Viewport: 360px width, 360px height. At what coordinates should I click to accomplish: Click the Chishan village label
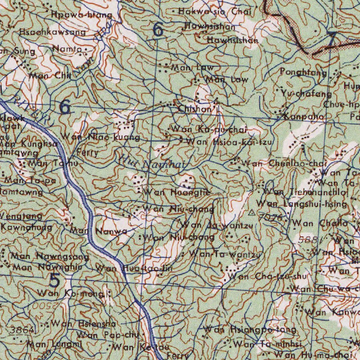coord(195,109)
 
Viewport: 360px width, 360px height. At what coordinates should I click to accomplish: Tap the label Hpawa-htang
coord(82,15)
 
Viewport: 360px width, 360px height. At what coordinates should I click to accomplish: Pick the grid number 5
coord(54,280)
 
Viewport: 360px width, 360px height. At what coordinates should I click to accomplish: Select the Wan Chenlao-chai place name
coord(284,163)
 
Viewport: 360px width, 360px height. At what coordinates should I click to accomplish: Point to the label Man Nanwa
coord(99,231)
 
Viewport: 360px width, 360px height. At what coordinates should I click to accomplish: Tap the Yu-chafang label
coord(306,94)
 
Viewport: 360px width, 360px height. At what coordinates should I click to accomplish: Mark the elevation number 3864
coord(22,330)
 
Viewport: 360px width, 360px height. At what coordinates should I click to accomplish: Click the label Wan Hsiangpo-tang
coord(250,330)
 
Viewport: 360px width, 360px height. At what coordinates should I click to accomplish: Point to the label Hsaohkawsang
coord(52,32)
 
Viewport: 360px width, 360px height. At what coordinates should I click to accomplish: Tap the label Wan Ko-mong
coord(71,293)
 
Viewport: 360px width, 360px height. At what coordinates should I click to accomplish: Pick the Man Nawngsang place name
coord(50,256)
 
